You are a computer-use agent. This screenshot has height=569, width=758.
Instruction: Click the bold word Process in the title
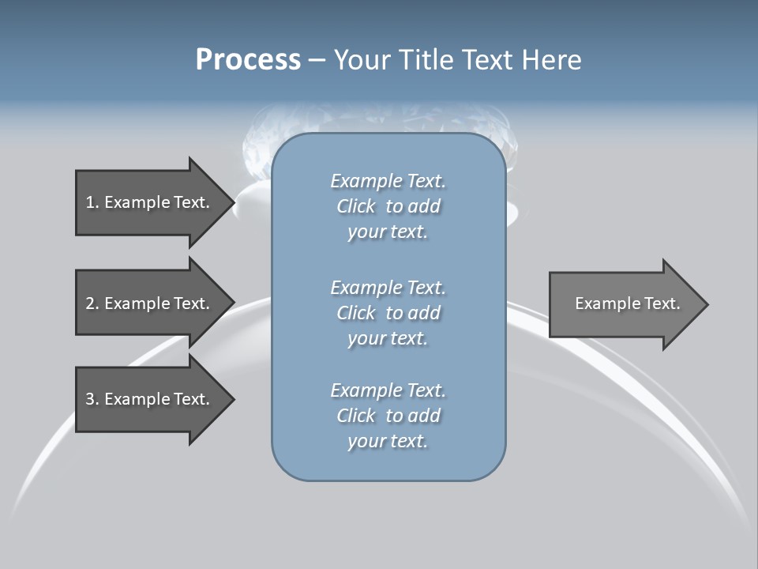[248, 60]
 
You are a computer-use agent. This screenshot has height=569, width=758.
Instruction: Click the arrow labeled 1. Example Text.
[148, 202]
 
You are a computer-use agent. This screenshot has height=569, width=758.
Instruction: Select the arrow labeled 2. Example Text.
[148, 303]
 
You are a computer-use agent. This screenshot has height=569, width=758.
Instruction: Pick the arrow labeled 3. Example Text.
[148, 399]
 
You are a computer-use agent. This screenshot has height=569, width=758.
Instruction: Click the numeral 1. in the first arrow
[92, 202]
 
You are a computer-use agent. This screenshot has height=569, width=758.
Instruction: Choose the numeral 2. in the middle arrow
[92, 303]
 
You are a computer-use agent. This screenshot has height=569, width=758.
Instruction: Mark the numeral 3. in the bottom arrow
[92, 399]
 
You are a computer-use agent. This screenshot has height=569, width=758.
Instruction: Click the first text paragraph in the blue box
[388, 206]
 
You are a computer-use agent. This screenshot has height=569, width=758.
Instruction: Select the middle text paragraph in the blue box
[388, 313]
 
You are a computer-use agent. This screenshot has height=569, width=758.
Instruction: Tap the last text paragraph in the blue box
[388, 416]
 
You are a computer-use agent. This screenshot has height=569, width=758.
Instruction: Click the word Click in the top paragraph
[356, 207]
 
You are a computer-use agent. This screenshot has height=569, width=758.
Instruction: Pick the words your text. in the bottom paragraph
[388, 441]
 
